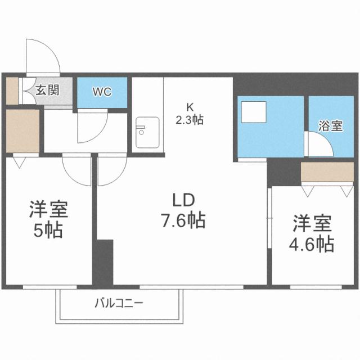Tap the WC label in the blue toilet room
[x=102, y=91]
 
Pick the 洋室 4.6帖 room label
[x=313, y=233]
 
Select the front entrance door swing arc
[x=43, y=56]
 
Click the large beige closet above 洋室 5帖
[x=22, y=131]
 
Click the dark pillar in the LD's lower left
[x=105, y=262]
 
